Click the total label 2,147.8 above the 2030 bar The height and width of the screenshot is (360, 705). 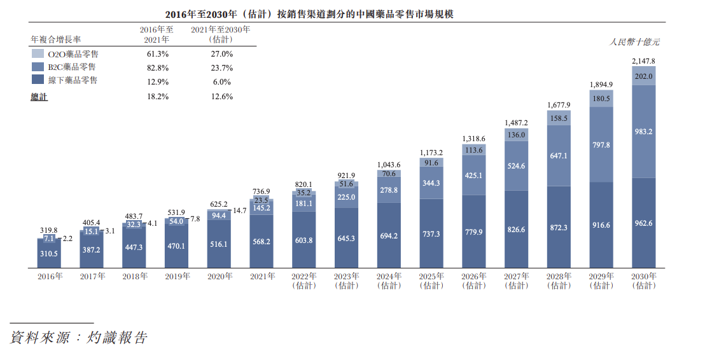[x=643, y=61]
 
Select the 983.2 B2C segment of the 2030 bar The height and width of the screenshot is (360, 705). [x=643, y=132]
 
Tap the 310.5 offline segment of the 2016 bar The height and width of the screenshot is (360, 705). [x=49, y=254]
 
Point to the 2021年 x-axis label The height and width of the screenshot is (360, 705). [x=263, y=277]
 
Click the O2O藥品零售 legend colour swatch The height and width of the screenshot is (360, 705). [x=38, y=54]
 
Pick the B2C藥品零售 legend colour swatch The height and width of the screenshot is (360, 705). [x=38, y=67]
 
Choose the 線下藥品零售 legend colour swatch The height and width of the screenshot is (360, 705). [x=38, y=80]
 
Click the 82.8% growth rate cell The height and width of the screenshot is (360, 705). [x=158, y=68]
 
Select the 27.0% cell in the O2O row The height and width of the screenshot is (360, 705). [x=222, y=54]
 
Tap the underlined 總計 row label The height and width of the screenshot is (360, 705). [x=39, y=97]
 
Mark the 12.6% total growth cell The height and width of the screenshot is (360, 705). [x=222, y=97]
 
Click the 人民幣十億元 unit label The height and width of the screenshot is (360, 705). [x=634, y=42]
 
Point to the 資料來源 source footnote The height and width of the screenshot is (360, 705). [x=79, y=338]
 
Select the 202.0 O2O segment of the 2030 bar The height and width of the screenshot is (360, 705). [x=643, y=76]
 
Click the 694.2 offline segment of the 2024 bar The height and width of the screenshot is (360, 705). [x=389, y=235]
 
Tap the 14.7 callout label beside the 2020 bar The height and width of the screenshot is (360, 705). [x=240, y=211]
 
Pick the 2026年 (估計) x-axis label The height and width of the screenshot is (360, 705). [x=474, y=281]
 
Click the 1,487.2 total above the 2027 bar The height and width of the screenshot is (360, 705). [x=516, y=123]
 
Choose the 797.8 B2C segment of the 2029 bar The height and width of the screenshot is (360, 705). [x=601, y=145]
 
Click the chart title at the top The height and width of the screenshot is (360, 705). [x=309, y=15]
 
